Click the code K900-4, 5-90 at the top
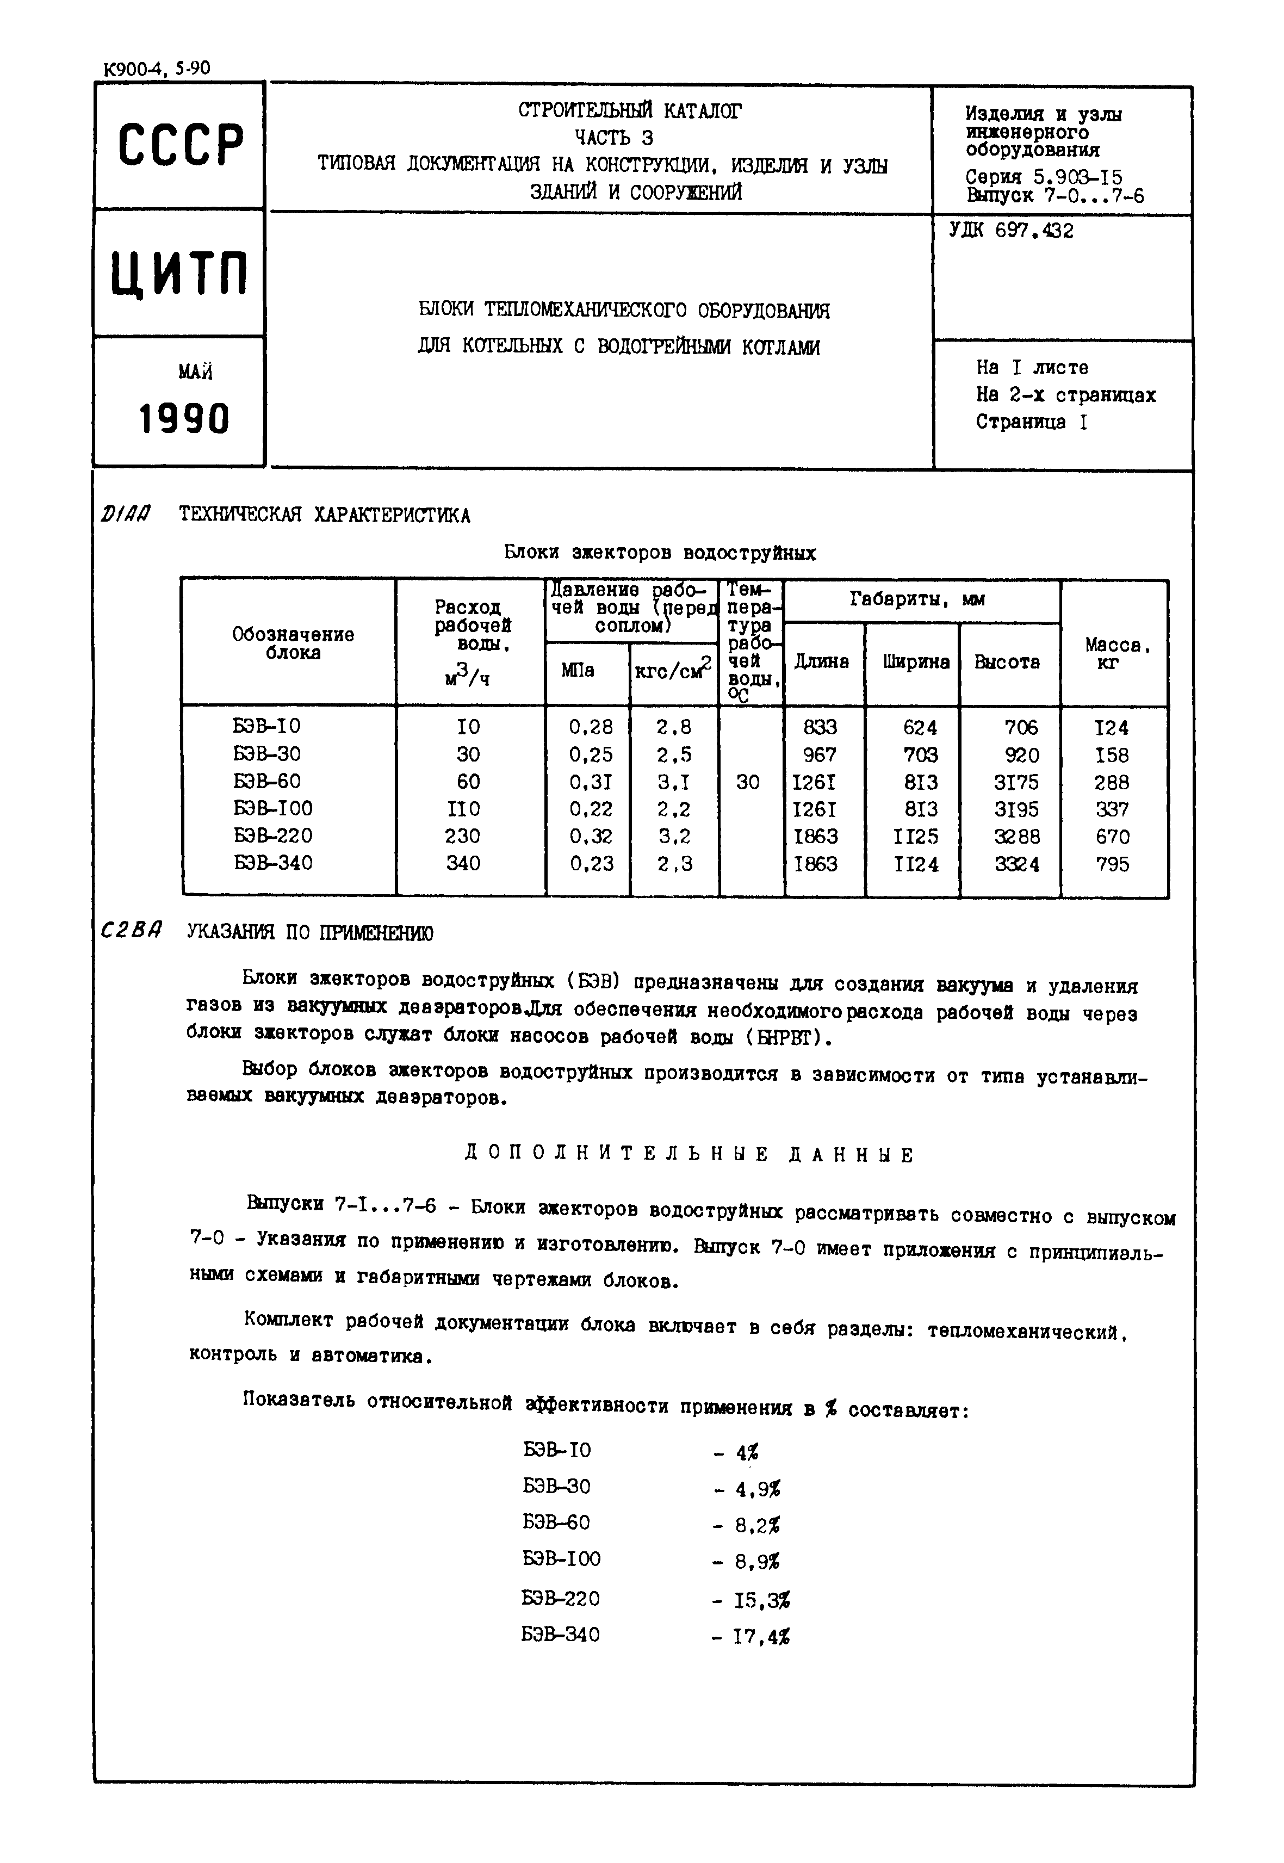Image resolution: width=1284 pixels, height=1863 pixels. click(x=157, y=69)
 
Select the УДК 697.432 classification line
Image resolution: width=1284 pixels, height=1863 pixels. click(x=1010, y=231)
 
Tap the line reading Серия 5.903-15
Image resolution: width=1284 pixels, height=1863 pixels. click(x=1044, y=177)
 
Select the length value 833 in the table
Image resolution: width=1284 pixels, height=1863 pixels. click(x=820, y=727)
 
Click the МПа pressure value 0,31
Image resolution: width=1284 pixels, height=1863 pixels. click(x=591, y=782)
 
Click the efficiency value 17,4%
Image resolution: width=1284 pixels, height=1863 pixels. click(x=761, y=1637)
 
